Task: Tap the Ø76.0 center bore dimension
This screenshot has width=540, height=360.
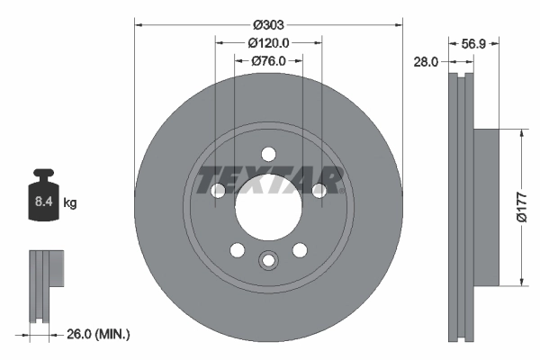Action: tap(267, 60)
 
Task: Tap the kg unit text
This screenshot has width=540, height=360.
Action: tap(70, 203)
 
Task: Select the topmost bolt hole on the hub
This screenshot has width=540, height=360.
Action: tap(268, 154)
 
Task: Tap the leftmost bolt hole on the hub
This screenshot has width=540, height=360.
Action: tap(216, 190)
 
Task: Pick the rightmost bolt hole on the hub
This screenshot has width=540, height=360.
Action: tap(319, 190)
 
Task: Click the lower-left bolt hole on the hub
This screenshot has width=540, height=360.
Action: tap(236, 250)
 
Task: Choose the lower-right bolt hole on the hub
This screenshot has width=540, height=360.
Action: tap(300, 250)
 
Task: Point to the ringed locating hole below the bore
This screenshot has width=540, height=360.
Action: tap(267, 261)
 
